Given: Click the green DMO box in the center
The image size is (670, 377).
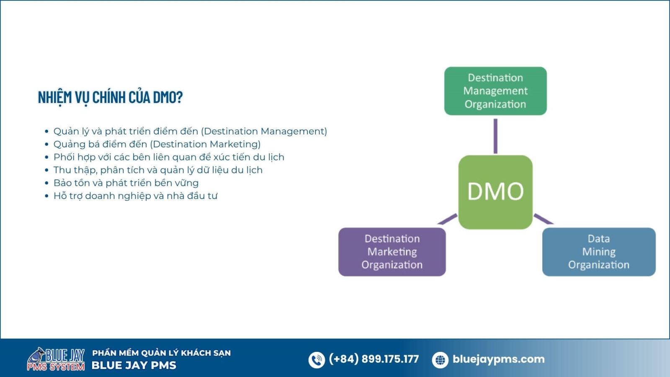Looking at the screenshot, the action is [x=495, y=192].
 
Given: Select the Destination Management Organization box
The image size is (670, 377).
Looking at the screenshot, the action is [x=495, y=91].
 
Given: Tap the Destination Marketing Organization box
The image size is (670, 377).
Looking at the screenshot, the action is [x=392, y=252].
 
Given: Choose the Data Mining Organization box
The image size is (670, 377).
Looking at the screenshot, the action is [x=599, y=252].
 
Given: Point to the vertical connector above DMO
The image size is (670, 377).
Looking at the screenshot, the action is [x=495, y=136].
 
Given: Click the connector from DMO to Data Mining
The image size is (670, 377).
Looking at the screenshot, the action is [x=544, y=219].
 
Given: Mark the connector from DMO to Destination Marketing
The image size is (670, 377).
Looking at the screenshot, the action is [x=448, y=219].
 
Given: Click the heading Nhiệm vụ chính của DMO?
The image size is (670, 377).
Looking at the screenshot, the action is [x=110, y=98].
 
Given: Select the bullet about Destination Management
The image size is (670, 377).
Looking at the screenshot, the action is [x=190, y=132].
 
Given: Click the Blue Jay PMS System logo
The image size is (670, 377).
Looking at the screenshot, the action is [x=56, y=359].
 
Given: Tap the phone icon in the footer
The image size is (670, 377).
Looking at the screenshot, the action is [x=317, y=360].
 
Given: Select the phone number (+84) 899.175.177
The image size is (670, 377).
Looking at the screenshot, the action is [x=374, y=359].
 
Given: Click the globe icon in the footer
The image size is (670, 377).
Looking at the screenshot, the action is [x=440, y=360].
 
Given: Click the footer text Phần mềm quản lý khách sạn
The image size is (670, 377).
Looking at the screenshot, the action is [x=162, y=353].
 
